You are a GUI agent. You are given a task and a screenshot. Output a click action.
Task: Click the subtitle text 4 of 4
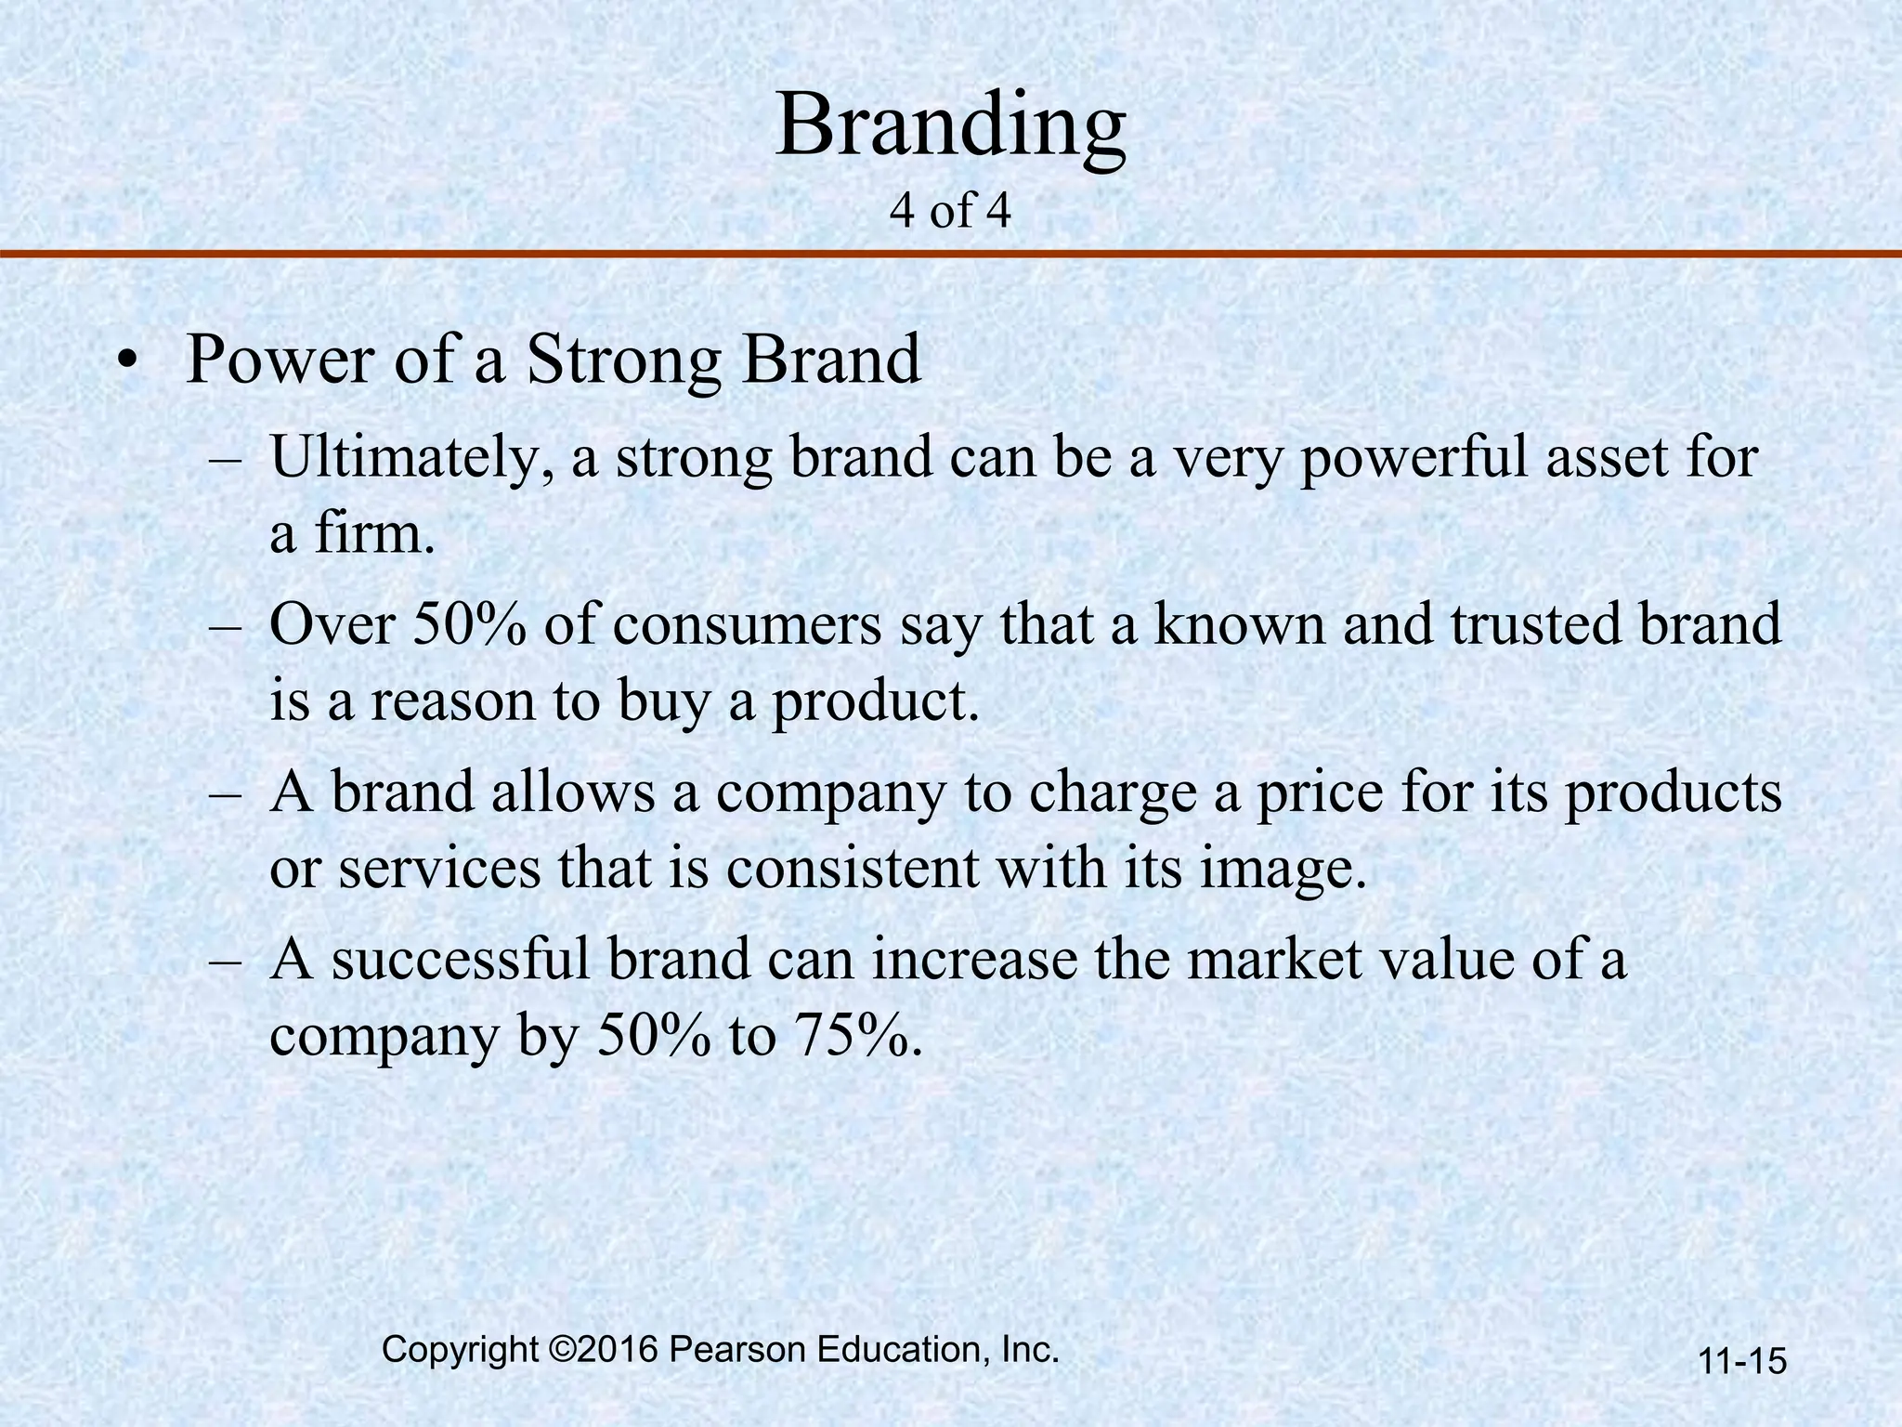tap(949, 212)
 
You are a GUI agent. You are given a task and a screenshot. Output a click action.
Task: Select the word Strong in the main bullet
tap(622, 362)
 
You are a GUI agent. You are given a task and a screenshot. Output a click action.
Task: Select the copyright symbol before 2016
tap(560, 1350)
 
